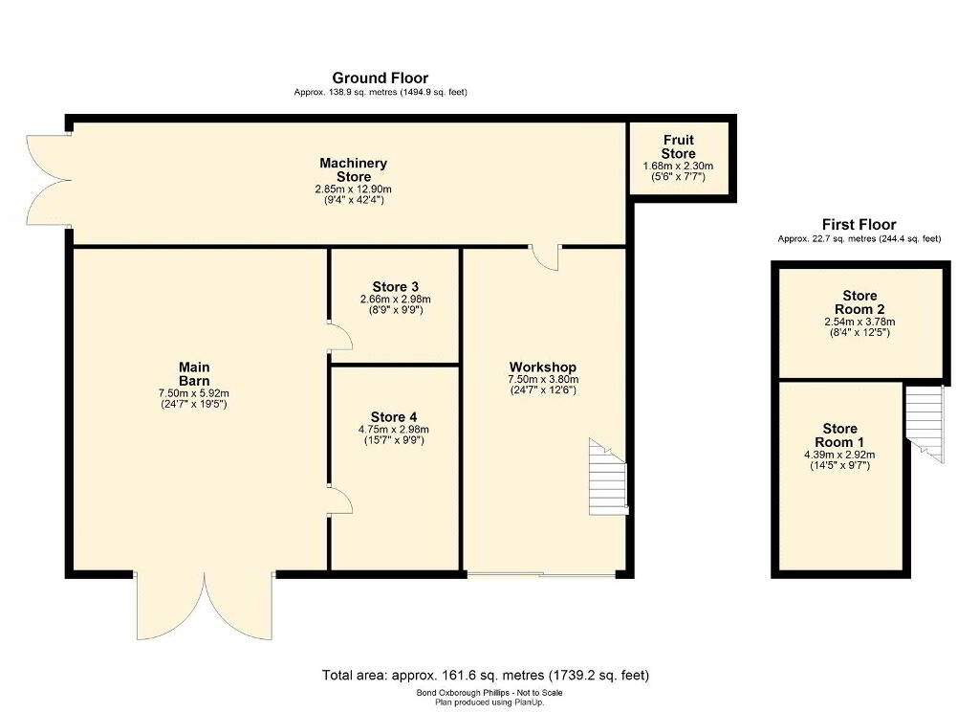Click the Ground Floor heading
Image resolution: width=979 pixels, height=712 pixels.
coord(381,78)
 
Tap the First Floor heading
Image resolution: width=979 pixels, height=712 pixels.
coord(859,225)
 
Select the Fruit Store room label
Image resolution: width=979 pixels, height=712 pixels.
coord(678,147)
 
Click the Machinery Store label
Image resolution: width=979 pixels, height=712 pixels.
coord(354,170)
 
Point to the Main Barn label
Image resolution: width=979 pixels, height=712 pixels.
coord(194,374)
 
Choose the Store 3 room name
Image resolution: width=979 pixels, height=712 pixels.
coord(395,287)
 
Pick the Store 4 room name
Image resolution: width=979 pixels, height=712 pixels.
coord(393,417)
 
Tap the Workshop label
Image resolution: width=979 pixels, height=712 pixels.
coord(543,367)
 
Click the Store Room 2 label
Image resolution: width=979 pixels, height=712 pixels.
coord(859,302)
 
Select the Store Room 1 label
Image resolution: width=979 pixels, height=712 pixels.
coord(839,435)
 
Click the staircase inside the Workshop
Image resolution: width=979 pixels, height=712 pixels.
coord(607,477)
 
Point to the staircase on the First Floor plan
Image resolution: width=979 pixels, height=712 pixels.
coord(925,425)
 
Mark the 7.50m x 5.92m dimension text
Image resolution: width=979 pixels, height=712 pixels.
coord(194,393)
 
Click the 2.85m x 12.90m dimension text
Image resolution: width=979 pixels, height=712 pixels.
coord(354,189)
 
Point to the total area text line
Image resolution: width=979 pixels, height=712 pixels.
coord(486,675)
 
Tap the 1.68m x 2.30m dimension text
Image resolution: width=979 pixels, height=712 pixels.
coord(678,167)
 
